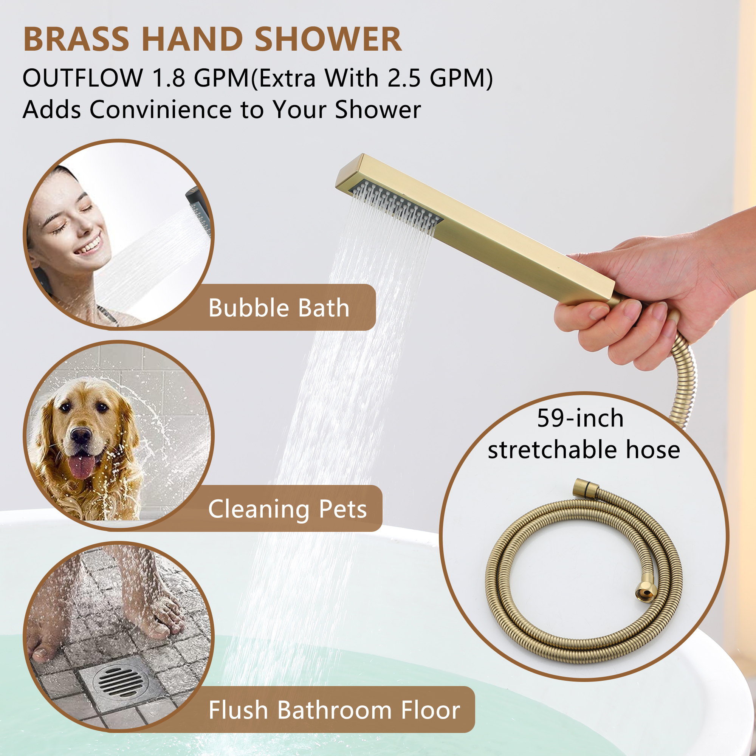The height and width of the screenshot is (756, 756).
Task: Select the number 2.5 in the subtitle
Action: point(404,78)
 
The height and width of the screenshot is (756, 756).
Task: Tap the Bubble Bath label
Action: point(279,308)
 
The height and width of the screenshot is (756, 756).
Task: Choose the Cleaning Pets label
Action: point(288,509)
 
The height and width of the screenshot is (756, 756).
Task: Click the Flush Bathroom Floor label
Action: point(334,710)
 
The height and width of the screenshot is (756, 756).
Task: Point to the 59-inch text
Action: point(580,418)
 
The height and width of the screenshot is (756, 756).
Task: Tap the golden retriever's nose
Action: point(81,435)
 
